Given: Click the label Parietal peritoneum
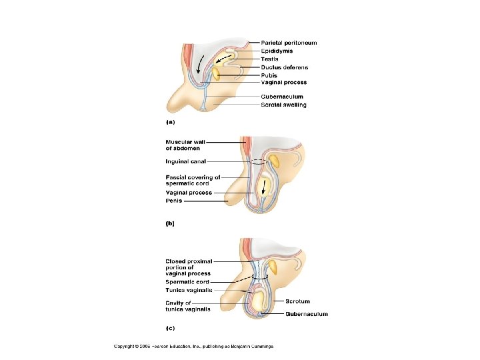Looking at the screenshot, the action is click(x=289, y=43).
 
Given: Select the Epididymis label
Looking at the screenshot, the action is click(x=276, y=51).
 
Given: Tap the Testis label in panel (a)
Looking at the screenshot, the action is click(x=269, y=59).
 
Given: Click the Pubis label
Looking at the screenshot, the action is click(x=269, y=75).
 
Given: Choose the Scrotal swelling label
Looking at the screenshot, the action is click(x=283, y=105).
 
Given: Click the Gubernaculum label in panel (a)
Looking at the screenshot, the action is click(x=281, y=97).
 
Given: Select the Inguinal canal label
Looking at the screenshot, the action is click(x=186, y=161).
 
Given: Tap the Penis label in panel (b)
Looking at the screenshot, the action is click(x=173, y=200).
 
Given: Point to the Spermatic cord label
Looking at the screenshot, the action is click(x=187, y=282).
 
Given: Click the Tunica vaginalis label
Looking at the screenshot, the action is click(x=189, y=290).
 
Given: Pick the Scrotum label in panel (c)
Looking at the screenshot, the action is click(x=297, y=302).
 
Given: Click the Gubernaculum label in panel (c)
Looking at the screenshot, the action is click(x=306, y=314).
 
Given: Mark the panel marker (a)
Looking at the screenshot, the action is click(x=170, y=123).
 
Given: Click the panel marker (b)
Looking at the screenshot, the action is click(x=170, y=224).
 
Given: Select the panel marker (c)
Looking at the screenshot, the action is click(x=170, y=327).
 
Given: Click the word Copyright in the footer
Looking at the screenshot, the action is click(x=126, y=346).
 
